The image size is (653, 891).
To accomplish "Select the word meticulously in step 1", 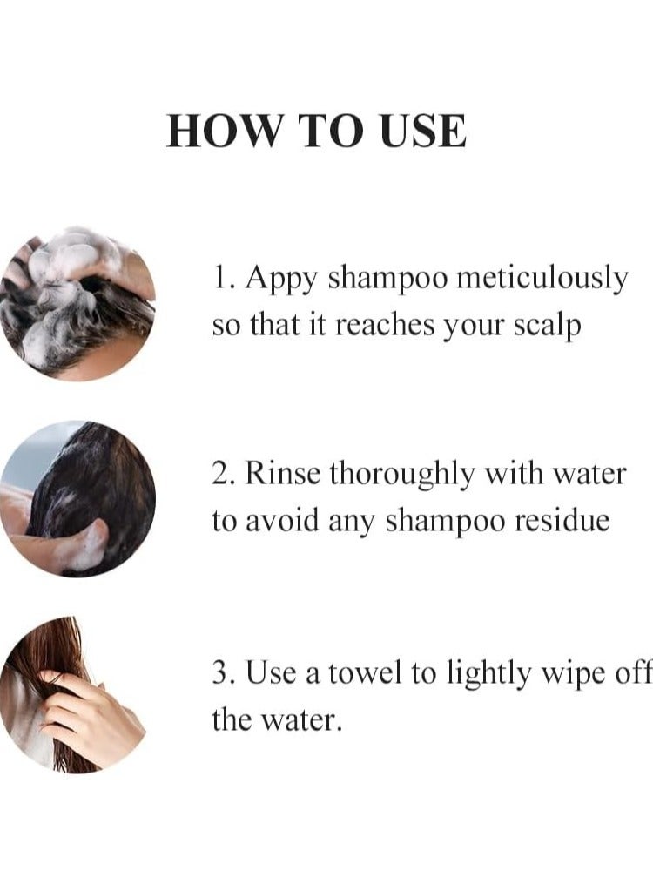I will click(542, 279).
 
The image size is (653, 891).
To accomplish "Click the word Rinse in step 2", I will click(283, 474).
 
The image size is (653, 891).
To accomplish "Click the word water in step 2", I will click(596, 474).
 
